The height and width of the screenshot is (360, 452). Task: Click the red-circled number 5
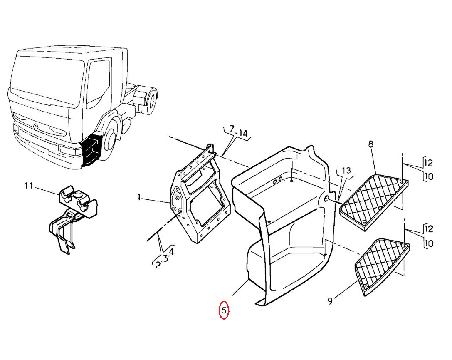(224, 310)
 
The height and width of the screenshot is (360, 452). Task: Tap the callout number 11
(28, 186)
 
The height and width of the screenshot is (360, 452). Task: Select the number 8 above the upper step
(371, 144)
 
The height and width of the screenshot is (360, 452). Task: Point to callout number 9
(330, 301)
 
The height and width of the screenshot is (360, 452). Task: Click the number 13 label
(346, 171)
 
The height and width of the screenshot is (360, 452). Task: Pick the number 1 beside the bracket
(139, 198)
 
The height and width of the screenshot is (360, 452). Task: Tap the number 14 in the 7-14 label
(243, 133)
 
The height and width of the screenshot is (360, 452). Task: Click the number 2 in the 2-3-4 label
(158, 265)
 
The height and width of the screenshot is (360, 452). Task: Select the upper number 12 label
(429, 163)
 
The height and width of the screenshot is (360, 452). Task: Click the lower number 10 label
(429, 243)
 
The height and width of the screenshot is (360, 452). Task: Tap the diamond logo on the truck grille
(36, 127)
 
